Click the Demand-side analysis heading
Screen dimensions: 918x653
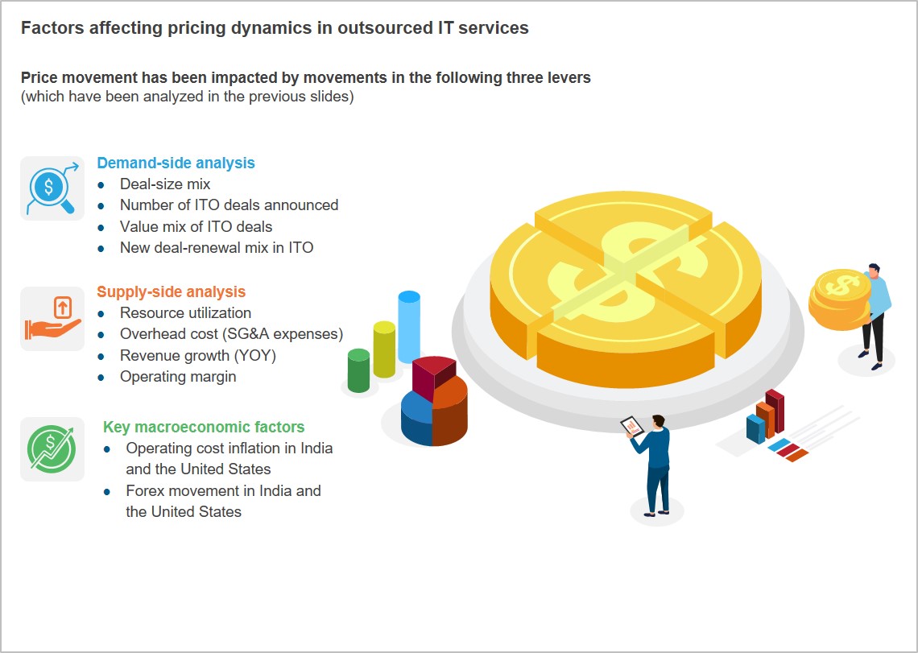pyautogui.click(x=176, y=163)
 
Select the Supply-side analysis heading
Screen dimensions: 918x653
pyautogui.click(x=171, y=291)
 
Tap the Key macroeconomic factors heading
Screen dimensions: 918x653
pyautogui.click(x=204, y=427)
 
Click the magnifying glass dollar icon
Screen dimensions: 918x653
pyautogui.click(x=52, y=188)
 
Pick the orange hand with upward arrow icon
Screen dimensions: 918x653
pyautogui.click(x=52, y=318)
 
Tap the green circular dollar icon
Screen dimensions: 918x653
pyautogui.click(x=52, y=449)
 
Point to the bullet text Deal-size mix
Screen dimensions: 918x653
pyautogui.click(x=165, y=184)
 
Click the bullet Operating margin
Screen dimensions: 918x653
pyautogui.click(x=178, y=377)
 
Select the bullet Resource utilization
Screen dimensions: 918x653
pyautogui.click(x=185, y=312)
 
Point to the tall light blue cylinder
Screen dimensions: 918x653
pyautogui.click(x=408, y=326)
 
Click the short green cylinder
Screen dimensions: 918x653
pyautogui.click(x=358, y=370)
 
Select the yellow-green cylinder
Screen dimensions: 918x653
pyautogui.click(x=384, y=349)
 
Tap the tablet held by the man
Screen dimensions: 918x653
pyautogui.click(x=632, y=426)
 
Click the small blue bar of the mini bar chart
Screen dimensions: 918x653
pyautogui.click(x=755, y=428)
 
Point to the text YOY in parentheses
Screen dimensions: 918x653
pyautogui.click(x=254, y=356)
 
